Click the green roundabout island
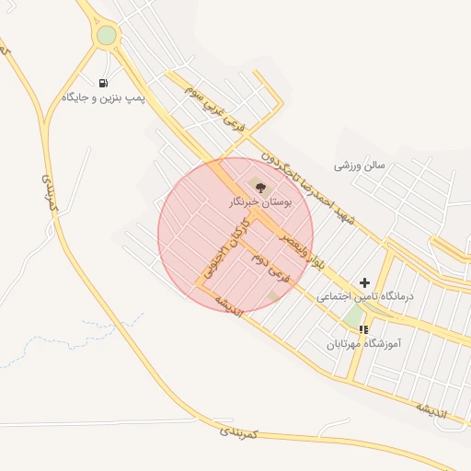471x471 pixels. [107, 35]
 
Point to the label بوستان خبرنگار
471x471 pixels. [260, 202]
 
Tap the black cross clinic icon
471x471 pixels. [365, 282]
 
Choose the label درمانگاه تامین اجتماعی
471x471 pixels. [365, 297]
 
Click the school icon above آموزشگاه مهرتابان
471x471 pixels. [364, 328]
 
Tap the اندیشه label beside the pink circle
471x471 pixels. [229, 305]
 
